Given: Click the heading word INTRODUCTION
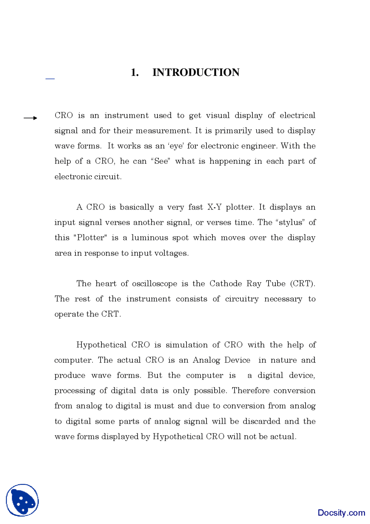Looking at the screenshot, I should [196, 72].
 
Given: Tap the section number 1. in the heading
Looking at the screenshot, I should [135, 72].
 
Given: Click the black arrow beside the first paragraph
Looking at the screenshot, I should [30, 118].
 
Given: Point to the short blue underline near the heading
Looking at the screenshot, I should [50, 78].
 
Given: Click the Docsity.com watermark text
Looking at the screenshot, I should [341, 513].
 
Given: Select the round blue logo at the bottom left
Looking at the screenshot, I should [22, 500].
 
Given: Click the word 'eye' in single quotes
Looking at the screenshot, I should [176, 146].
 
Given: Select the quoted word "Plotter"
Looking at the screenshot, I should [90, 238].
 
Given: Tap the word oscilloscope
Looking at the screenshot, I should [154, 284].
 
